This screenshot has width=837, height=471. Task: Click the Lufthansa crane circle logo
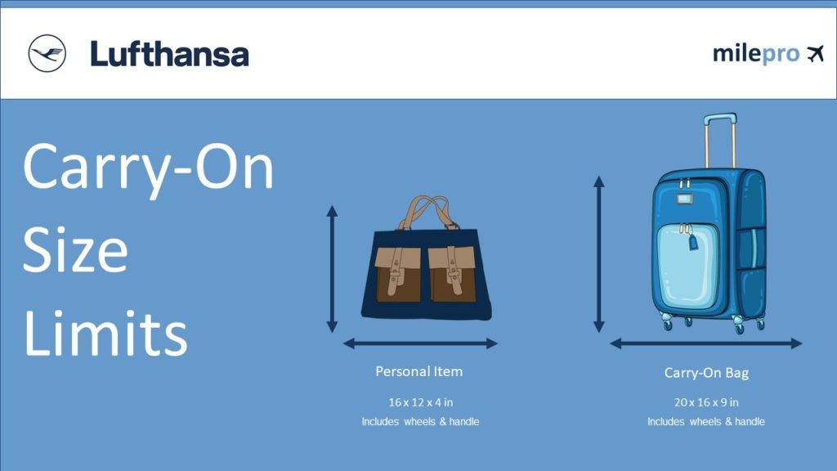pos(47,54)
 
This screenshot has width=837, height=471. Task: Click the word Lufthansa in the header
pos(169,54)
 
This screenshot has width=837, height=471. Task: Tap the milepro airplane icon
pos(814,54)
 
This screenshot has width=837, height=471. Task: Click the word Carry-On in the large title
pos(148,167)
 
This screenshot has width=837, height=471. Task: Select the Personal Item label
pos(418,371)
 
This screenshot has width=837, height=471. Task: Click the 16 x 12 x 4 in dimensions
pos(420,402)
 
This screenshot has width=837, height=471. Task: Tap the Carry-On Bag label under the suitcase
pos(706,373)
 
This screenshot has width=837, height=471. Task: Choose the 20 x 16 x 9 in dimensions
pos(706,402)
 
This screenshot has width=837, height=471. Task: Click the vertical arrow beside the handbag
pos(332,269)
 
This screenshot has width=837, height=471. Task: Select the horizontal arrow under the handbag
pos(420,343)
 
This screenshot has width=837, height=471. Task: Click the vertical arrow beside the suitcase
pos(599,253)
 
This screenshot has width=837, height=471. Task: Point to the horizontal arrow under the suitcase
pos(706,343)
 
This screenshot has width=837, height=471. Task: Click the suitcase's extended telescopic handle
pos(719,139)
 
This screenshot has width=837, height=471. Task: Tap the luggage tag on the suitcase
pos(693,241)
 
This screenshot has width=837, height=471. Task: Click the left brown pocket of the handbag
pos(398,273)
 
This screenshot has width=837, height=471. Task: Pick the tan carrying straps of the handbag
pos(427,211)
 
